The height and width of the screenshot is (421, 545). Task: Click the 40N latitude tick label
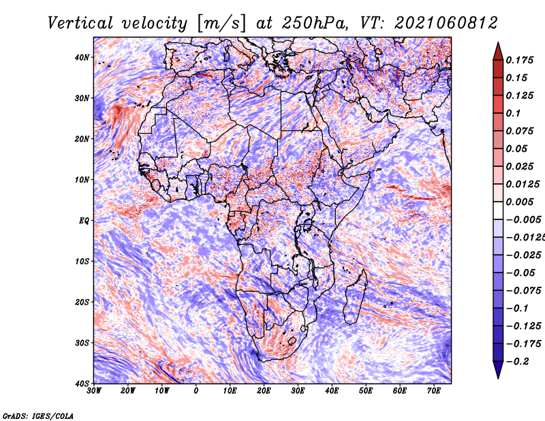(82, 57)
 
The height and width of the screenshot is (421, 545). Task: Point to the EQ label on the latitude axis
(84, 221)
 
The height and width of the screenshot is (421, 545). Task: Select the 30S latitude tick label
(82, 343)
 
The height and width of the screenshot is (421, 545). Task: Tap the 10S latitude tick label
(82, 261)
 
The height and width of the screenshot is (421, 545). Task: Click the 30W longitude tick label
(94, 391)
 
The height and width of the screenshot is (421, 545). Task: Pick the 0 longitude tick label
(196, 391)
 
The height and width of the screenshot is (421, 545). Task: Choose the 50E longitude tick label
(366, 391)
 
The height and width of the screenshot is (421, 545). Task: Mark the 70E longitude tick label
(434, 391)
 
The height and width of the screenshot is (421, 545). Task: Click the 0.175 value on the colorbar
(520, 60)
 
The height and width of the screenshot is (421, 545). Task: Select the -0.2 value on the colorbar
(517, 362)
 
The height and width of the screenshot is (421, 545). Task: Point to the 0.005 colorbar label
(520, 202)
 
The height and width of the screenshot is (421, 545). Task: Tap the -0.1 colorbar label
(517, 309)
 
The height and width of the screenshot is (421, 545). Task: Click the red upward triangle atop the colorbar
(498, 52)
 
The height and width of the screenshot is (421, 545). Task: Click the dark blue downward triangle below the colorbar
(498, 369)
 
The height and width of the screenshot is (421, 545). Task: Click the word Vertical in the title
(80, 23)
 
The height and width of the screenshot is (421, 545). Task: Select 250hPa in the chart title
(315, 23)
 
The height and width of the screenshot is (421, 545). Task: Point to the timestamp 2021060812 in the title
(446, 23)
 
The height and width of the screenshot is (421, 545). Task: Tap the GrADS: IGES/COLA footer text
(38, 416)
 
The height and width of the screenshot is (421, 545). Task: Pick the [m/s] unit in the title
(222, 24)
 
